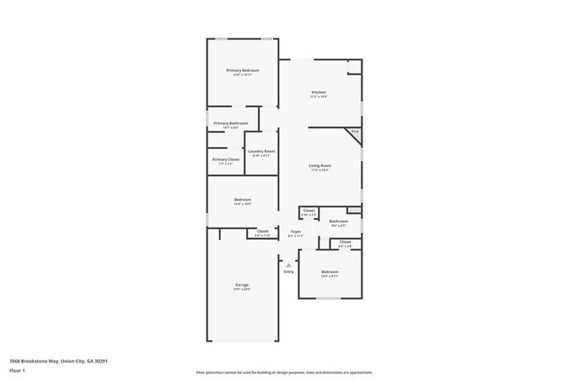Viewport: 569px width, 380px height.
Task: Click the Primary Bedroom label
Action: tap(242, 70)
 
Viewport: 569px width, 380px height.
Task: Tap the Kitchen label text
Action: tap(319, 93)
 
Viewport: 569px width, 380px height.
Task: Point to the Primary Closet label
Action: tap(226, 159)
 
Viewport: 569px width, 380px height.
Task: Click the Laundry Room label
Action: tap(261, 151)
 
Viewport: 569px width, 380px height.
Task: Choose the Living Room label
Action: tap(320, 165)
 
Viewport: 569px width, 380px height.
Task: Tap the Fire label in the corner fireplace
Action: tap(355, 132)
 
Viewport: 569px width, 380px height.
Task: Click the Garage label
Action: tap(242, 285)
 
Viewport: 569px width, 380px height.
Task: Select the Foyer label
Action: tap(296, 232)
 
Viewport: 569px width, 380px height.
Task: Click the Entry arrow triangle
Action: tap(289, 263)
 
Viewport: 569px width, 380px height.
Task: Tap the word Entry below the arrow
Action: tap(289, 271)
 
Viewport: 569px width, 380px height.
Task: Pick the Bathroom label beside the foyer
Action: tap(339, 222)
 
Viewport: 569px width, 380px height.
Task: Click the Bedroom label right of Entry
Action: tap(329, 272)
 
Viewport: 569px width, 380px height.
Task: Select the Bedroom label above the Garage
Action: tap(242, 201)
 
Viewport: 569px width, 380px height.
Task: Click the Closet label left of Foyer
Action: tap(263, 231)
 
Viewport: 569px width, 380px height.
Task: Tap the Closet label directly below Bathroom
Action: tap(345, 242)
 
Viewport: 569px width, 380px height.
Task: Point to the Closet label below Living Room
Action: tap(308, 210)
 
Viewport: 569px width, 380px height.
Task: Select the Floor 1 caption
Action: tap(17, 370)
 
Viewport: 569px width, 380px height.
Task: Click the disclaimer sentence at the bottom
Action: tap(284, 372)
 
